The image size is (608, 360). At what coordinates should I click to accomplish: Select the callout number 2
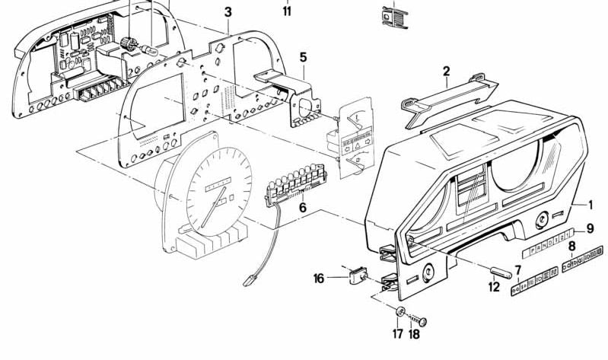(446, 72)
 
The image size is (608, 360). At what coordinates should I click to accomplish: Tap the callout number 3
(228, 11)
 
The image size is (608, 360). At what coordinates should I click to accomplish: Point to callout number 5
(303, 57)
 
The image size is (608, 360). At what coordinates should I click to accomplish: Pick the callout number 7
(517, 269)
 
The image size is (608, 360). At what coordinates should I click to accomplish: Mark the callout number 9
(590, 228)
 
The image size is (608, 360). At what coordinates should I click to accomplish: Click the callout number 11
(287, 11)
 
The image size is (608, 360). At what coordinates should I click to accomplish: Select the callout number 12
(495, 287)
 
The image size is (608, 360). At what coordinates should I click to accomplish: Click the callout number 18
(414, 332)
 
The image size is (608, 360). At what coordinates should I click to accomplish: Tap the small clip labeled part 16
(355, 276)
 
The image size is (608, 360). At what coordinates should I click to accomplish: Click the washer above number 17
(399, 312)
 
